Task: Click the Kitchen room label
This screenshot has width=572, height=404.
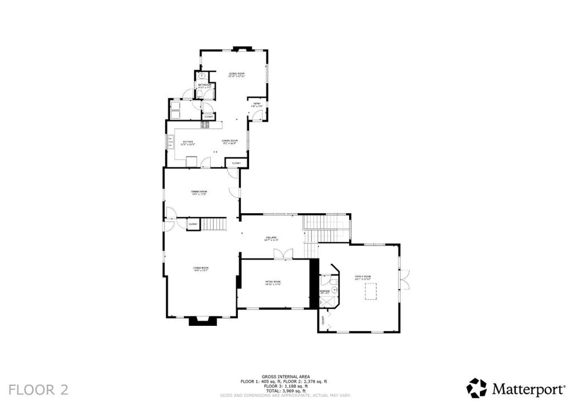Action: click(x=188, y=142)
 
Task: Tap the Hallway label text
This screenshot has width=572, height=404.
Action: click(x=271, y=238)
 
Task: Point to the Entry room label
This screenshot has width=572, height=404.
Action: click(x=256, y=104)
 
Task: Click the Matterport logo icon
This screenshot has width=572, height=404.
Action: click(x=476, y=388)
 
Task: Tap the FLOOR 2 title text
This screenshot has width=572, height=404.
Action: click(x=39, y=389)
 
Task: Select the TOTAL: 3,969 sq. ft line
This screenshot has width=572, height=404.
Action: click(x=282, y=390)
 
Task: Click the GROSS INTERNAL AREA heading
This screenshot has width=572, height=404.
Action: click(x=282, y=377)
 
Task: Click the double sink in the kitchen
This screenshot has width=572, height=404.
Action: click(x=169, y=142)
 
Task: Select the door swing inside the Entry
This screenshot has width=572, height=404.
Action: click(x=257, y=115)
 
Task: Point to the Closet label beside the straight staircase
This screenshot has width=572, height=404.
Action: click(x=193, y=224)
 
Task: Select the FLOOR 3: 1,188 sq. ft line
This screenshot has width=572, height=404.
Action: click(x=282, y=386)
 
